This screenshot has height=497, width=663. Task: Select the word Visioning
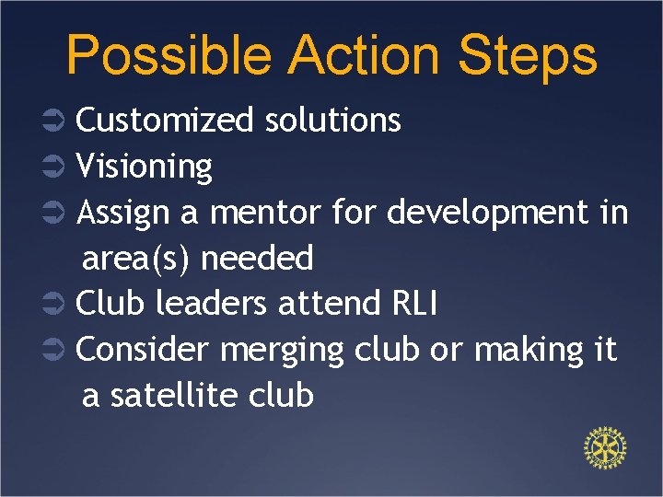click(x=144, y=167)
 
